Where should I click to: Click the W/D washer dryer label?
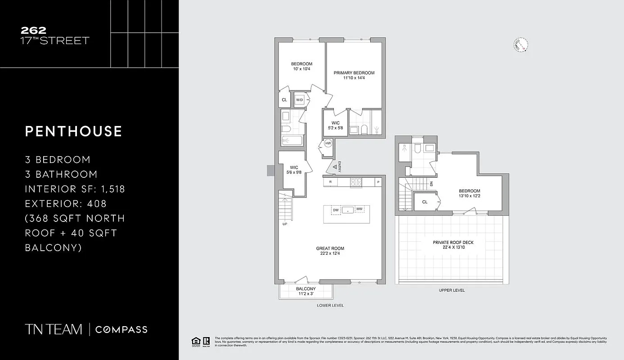click(299, 99)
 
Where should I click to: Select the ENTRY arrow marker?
click(335, 168)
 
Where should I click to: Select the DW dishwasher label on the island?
click(336, 210)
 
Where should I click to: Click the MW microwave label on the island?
click(359, 210)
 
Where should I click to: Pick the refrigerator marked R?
click(330, 182)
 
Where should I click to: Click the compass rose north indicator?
click(521, 45)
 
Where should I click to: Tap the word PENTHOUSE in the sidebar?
click(74, 131)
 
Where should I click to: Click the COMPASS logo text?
click(121, 329)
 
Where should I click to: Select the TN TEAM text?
click(54, 329)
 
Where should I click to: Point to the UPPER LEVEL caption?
click(452, 290)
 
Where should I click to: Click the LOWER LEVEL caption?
click(330, 305)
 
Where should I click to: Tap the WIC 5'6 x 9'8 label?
click(294, 170)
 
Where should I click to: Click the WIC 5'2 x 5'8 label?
click(336, 126)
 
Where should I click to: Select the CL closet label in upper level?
click(425, 202)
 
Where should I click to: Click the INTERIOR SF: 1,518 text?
click(75, 189)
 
